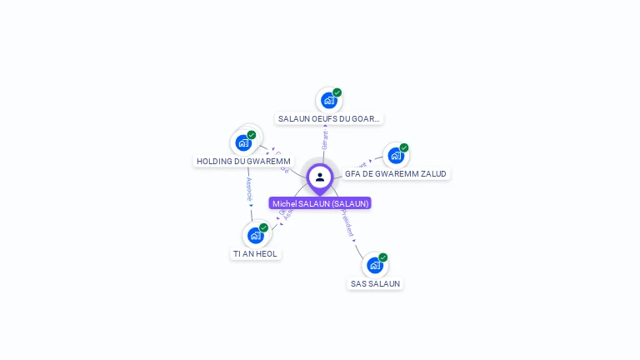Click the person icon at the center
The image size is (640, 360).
(320, 177)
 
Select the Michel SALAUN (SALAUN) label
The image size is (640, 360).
(320, 203)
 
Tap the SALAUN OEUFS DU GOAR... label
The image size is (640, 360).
(329, 119)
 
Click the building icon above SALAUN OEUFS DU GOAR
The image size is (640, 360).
(328, 101)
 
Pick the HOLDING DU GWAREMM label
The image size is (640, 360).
(243, 161)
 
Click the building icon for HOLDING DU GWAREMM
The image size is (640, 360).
(243, 142)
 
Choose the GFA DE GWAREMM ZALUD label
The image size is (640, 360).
(396, 174)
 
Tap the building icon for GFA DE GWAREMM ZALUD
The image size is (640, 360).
(395, 156)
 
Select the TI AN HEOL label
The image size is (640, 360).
(255, 253)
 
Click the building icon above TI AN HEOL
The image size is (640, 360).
(255, 235)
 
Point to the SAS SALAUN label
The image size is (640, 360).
(375, 283)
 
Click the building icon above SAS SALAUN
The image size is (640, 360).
(374, 265)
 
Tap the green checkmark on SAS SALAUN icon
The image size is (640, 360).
(383, 257)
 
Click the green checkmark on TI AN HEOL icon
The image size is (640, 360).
(263, 227)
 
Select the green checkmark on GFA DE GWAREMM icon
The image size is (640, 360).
(404, 148)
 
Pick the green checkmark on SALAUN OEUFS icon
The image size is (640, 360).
(337, 92)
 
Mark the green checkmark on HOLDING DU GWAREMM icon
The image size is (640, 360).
(252, 135)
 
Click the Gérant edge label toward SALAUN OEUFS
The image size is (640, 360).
(325, 139)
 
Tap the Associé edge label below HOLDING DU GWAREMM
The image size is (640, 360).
(248, 190)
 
